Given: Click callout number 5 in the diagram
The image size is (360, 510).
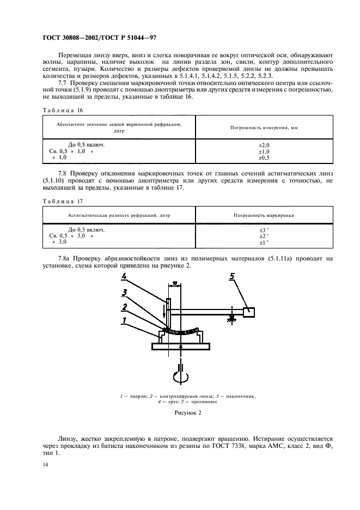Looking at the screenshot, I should pos(232,277).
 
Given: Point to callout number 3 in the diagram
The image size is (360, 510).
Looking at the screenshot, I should pos(124,293).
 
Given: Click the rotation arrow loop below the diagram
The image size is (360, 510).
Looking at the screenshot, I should pos(180,375).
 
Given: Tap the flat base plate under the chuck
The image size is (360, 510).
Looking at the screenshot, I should pos(180,345).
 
